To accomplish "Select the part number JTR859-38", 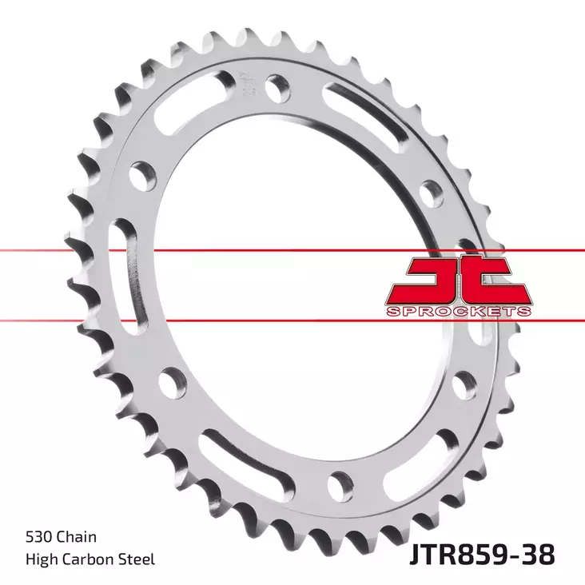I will click(483, 554).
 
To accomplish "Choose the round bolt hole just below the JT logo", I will click(464, 385).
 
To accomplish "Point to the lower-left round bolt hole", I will click(169, 382).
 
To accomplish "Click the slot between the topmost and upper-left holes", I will click(181, 121).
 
